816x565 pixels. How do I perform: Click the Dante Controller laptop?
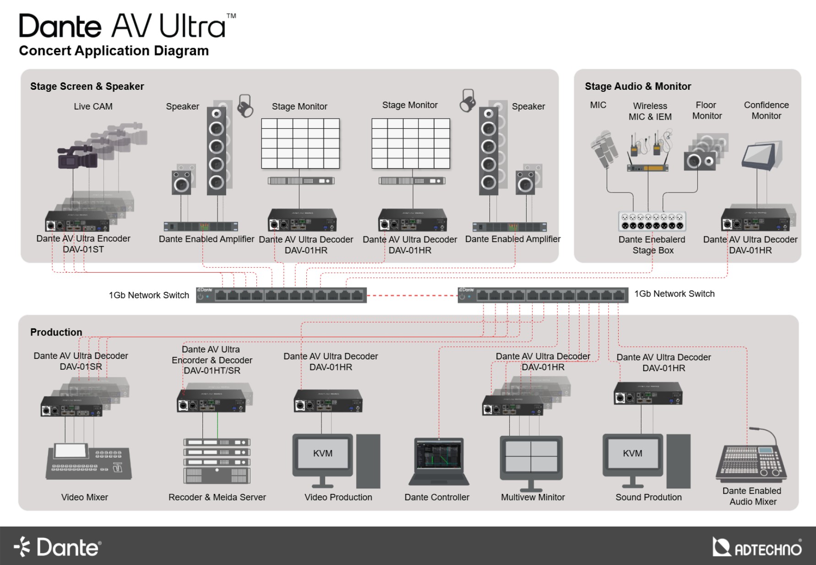(439, 461)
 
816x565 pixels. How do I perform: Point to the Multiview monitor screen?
(531, 456)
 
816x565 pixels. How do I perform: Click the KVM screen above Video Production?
(323, 454)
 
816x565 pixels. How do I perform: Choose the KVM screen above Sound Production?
(632, 454)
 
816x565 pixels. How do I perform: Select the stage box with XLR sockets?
(652, 221)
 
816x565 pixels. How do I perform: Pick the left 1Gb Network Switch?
(281, 295)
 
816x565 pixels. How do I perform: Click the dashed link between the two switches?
(412, 296)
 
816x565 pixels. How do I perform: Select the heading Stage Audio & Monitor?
(637, 86)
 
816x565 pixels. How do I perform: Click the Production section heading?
(56, 332)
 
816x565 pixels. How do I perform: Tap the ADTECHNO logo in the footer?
(757, 547)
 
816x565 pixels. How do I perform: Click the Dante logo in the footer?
(58, 547)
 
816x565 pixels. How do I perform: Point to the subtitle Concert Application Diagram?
(114, 50)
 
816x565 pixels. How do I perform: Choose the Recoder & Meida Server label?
(217, 497)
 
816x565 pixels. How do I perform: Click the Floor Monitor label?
(707, 110)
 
